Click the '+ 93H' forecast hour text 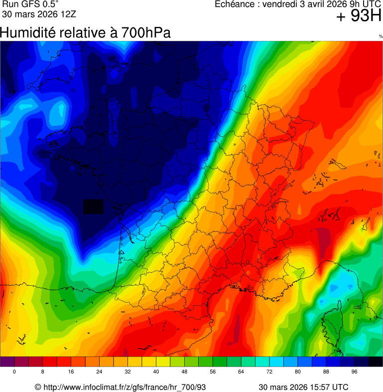tap(359, 16)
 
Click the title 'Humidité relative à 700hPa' tap(85, 33)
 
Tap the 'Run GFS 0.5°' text tap(31, 4)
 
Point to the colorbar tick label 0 tap(14, 372)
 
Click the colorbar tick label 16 tap(71, 372)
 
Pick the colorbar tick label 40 tap(156, 372)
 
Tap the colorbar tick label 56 tap(213, 372)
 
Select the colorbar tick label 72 tap(269, 372)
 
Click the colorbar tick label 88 tap(326, 372)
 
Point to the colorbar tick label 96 tap(354, 372)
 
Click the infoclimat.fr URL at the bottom tap(120, 387)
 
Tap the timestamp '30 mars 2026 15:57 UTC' tap(303, 387)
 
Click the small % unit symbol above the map tap(381, 36)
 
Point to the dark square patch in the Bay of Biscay tap(93, 206)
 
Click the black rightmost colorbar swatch tap(376, 362)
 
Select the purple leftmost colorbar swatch tap(7, 362)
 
